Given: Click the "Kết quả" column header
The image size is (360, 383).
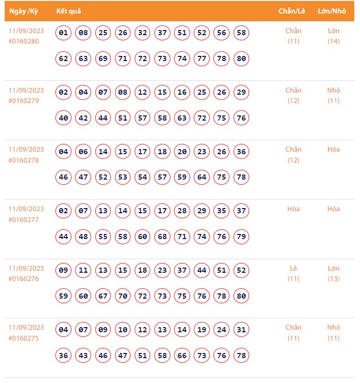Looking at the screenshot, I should pyautogui.click(x=68, y=11).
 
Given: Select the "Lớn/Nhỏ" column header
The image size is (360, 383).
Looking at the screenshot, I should pyautogui.click(x=332, y=11).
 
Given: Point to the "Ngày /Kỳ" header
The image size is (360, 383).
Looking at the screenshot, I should pyautogui.click(x=24, y=11).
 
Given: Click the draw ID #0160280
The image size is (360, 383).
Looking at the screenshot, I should pyautogui.click(x=24, y=41).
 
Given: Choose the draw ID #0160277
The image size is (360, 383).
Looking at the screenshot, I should pyautogui.click(x=24, y=219).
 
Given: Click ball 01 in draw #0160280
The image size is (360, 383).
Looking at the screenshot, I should pyautogui.click(x=64, y=33).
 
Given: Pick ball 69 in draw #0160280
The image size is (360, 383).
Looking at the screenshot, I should pyautogui.click(x=103, y=58).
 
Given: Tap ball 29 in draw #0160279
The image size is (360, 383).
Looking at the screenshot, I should pyautogui.click(x=241, y=93).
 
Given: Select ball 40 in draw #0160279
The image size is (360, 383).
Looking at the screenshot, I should pyautogui.click(x=64, y=118).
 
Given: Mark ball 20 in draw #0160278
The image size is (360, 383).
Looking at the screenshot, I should pyautogui.click(x=182, y=152).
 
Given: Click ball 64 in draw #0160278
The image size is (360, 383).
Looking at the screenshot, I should pyautogui.click(x=201, y=177).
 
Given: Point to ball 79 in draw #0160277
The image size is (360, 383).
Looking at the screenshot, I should pyautogui.click(x=241, y=237).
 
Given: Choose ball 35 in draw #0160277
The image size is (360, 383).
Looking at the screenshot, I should pyautogui.click(x=221, y=211).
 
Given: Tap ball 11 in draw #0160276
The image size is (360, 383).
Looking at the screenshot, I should pyautogui.click(x=83, y=271).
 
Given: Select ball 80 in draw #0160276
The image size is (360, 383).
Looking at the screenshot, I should pyautogui.click(x=241, y=296).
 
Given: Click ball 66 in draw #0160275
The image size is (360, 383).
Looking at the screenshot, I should pyautogui.click(x=182, y=355).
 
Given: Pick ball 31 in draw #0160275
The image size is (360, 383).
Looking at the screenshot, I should pyautogui.click(x=241, y=330).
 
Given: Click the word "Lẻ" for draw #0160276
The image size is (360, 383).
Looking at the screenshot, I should pyautogui.click(x=294, y=268).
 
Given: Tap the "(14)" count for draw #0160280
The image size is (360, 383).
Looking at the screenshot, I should pyautogui.click(x=334, y=41).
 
